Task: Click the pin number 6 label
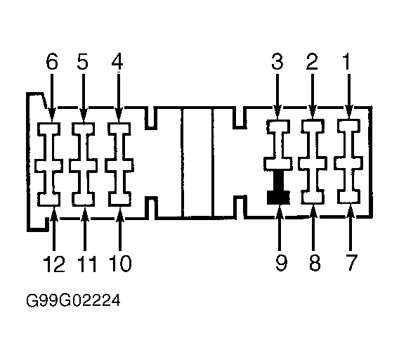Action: pos(52,61)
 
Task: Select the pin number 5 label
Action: pos(83,61)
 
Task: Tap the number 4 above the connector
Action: pos(117,61)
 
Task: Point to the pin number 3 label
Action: pos(277,61)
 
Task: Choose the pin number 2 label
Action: pos(312,61)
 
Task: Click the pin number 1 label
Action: pos(347,61)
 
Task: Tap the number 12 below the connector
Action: pos(54,264)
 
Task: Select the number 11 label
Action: pos(87,264)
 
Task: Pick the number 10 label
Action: pos(120,264)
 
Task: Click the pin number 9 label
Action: pos(282,263)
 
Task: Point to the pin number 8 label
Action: pos(315,263)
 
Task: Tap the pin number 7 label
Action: pos(351,263)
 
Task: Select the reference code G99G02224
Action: pos(73,301)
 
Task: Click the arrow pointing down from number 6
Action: pos(52,98)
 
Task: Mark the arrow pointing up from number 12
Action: pos(54,228)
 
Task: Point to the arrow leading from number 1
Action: pos(349,96)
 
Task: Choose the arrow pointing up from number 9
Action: pos(280,228)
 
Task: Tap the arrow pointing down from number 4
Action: pos(118,98)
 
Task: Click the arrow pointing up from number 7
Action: pos(351,227)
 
